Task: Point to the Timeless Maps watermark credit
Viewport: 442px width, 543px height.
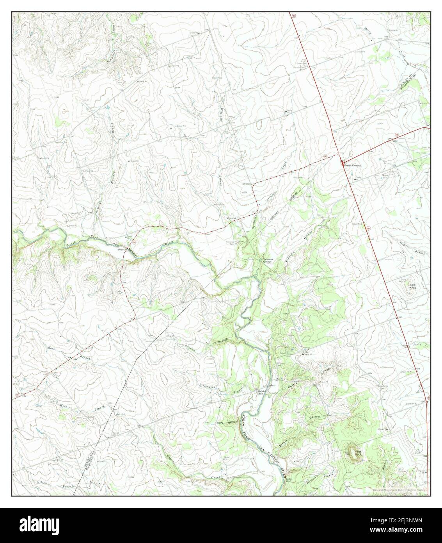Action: [400, 490]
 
